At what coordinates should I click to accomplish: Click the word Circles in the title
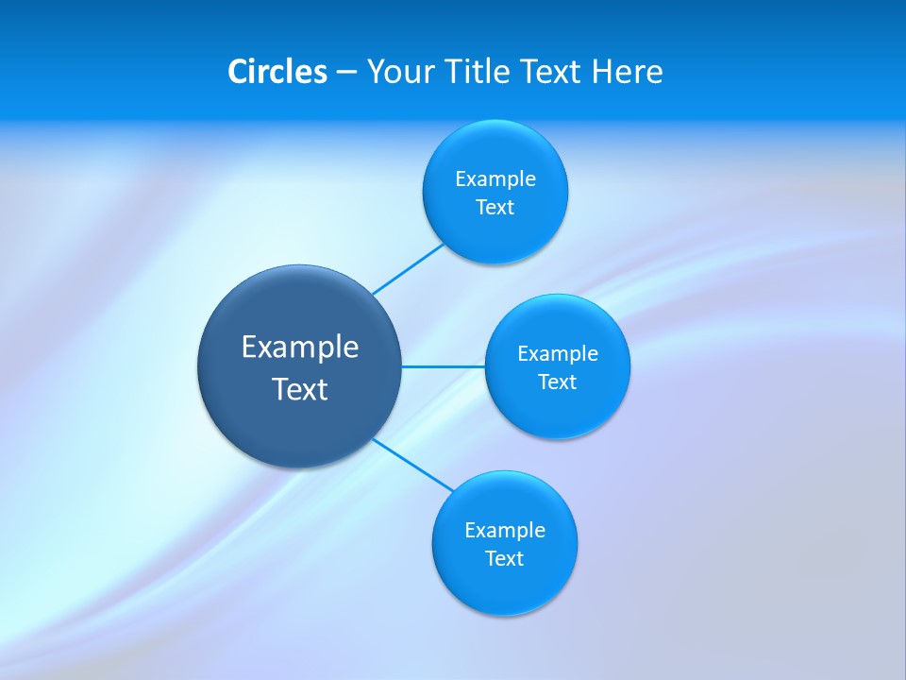(x=277, y=71)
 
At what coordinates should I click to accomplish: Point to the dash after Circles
(x=346, y=73)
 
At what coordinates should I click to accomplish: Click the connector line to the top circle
(x=408, y=269)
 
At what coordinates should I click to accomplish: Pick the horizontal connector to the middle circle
(x=444, y=366)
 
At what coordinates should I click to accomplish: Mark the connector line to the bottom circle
(x=413, y=465)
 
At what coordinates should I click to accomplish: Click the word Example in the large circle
(x=300, y=347)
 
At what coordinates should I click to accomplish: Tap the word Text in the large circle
(x=300, y=389)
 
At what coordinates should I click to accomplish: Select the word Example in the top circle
(x=495, y=178)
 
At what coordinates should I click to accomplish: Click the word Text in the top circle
(x=495, y=207)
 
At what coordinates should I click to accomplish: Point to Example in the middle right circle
(x=558, y=353)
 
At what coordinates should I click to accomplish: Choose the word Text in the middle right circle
(x=558, y=382)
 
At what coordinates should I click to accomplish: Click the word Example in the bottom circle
(x=505, y=530)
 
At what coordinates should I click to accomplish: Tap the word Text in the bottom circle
(x=505, y=558)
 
